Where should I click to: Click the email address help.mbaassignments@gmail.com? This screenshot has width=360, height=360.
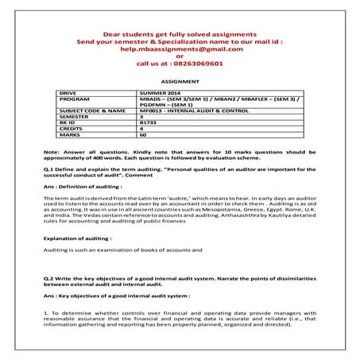(180, 48)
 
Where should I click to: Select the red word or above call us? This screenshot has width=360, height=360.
(180, 56)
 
